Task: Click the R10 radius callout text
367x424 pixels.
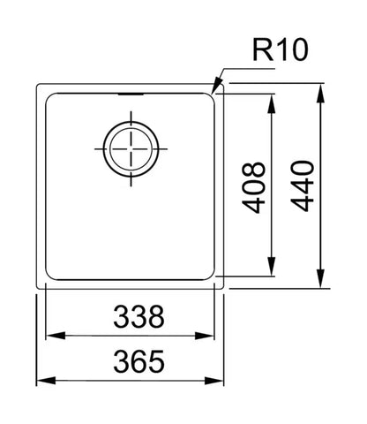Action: point(281,50)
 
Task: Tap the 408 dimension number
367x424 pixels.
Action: point(253,187)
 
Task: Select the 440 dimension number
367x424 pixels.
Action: point(303,185)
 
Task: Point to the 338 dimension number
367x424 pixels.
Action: point(139,317)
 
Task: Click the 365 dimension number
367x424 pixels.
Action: point(139,361)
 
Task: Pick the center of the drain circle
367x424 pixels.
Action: point(131,149)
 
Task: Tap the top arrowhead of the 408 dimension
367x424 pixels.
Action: point(272,103)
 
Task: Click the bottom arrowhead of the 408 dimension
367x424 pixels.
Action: point(272,266)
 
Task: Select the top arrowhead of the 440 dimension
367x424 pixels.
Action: point(320,94)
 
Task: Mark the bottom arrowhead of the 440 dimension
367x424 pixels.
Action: point(320,278)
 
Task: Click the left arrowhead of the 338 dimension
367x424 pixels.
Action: point(56,336)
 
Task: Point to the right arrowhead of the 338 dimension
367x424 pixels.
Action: point(205,336)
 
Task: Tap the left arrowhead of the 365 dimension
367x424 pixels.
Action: point(46,380)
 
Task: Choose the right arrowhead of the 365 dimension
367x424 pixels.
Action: point(214,380)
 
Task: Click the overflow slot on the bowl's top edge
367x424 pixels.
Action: point(131,95)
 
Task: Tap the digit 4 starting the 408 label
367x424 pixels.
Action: point(253,204)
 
